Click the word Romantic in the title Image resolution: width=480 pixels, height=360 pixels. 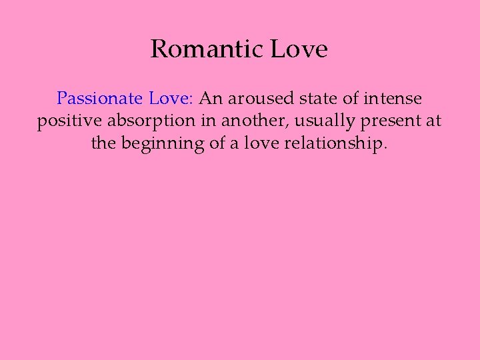(x=207, y=49)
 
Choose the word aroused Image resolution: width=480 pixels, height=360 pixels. (x=260, y=99)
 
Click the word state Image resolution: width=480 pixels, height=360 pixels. (x=317, y=99)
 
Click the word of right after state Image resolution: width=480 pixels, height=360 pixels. (x=347, y=99)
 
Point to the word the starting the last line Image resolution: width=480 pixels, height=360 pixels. (x=103, y=144)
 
